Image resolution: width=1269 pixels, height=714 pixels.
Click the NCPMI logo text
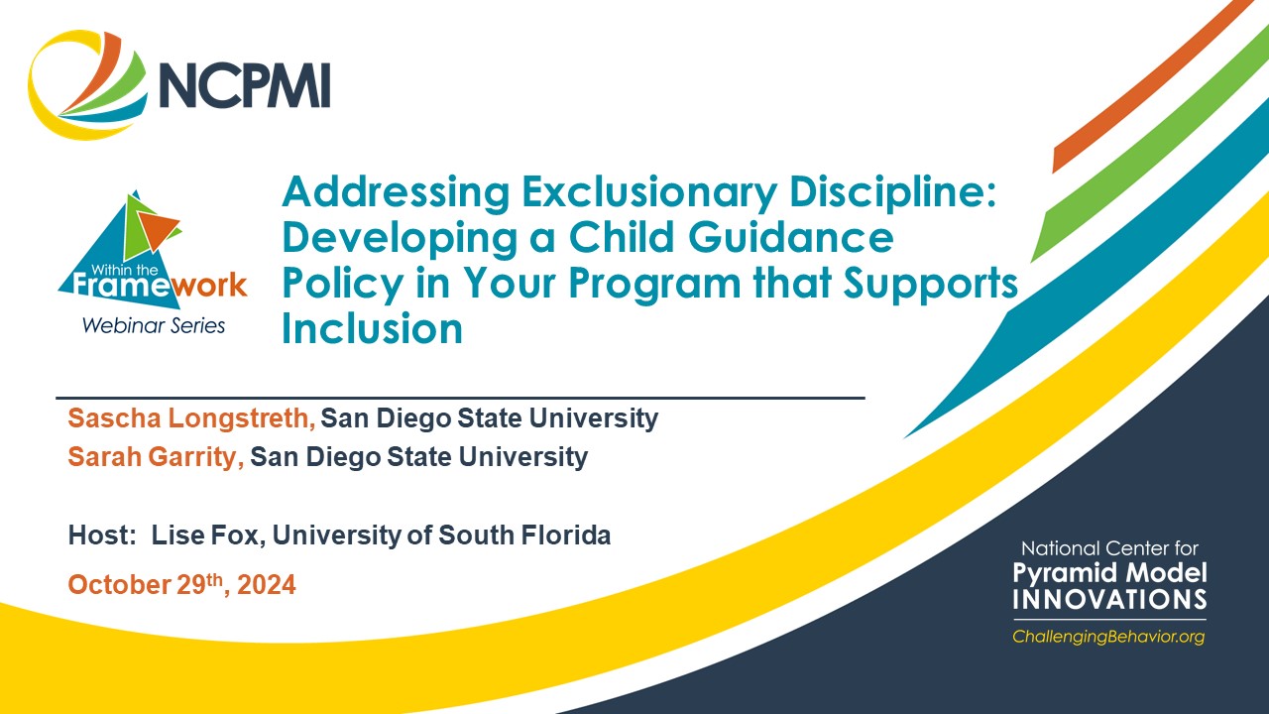point(244,85)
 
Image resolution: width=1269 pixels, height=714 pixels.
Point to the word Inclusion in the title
point(372,328)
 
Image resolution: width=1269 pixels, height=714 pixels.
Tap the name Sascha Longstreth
point(190,418)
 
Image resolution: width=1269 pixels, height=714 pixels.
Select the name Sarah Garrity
point(156,456)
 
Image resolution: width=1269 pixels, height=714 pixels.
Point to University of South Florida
point(442,535)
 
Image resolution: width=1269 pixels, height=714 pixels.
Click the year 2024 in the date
point(266,585)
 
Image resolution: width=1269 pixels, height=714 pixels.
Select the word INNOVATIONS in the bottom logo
point(1109,599)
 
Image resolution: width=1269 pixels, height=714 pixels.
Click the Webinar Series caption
point(153,325)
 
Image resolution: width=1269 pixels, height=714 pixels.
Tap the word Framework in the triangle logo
point(153,286)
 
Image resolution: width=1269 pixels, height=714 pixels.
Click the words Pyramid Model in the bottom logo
point(1109,573)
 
